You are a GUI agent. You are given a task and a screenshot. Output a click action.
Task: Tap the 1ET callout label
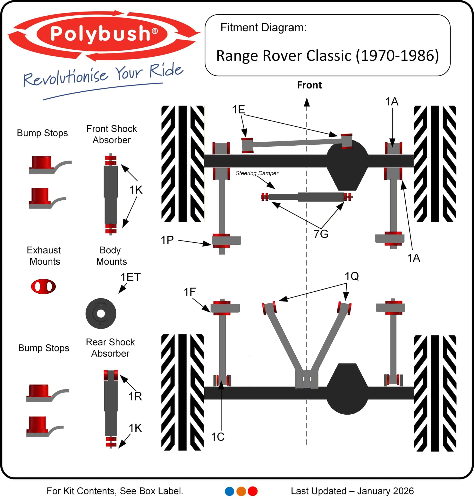[130, 277]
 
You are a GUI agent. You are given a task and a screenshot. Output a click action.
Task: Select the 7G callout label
[321, 234]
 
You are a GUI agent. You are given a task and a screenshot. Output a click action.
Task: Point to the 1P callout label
[167, 240]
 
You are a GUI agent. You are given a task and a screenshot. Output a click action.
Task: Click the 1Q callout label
[352, 276]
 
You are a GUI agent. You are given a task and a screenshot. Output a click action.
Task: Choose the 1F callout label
[190, 292]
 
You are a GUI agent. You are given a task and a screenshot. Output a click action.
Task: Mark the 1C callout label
[217, 437]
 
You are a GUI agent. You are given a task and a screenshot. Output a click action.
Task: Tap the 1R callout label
[135, 396]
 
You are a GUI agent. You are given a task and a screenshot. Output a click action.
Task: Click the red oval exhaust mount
[43, 287]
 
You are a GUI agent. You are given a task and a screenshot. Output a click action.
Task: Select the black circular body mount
[101, 314]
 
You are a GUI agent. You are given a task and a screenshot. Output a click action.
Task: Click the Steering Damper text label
[257, 173]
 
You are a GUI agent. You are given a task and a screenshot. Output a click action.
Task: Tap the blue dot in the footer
[229, 491]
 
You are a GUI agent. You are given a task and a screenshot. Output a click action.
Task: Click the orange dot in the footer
[241, 491]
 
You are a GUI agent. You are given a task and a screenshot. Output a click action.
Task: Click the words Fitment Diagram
[263, 27]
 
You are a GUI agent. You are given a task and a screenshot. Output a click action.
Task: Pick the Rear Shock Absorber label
[110, 348]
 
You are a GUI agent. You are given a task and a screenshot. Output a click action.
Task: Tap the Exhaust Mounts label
[44, 256]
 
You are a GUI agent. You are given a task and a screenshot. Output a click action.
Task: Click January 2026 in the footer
[385, 491]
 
